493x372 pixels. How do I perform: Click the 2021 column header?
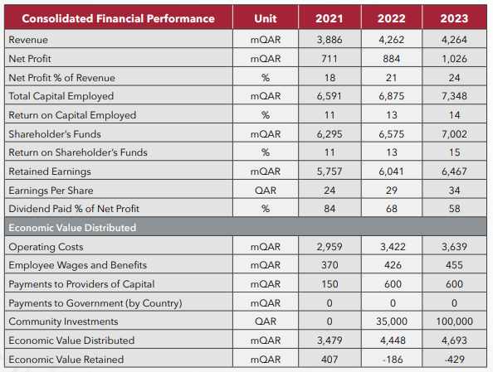(x=329, y=18)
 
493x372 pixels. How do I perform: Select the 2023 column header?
(x=454, y=18)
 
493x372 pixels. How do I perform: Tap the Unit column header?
(x=266, y=18)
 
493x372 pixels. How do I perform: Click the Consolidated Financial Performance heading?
(x=118, y=18)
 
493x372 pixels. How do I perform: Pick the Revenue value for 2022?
(x=392, y=40)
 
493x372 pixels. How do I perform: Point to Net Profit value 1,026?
(x=454, y=59)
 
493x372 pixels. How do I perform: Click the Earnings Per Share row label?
(x=51, y=191)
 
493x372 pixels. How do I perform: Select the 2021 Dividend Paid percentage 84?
(x=329, y=209)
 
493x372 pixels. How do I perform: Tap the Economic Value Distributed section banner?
(x=72, y=228)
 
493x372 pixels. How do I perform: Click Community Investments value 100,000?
(x=454, y=321)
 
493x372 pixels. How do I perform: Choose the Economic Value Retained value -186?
(x=393, y=360)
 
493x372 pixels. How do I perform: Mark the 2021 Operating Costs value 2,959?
(x=329, y=247)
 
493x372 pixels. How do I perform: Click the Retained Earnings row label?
(x=50, y=172)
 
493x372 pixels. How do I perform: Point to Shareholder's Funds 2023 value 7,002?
(x=454, y=134)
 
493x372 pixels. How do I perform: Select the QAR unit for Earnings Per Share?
(x=266, y=191)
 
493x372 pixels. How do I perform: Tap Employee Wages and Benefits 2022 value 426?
(x=393, y=265)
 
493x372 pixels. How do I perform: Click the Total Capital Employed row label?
(x=61, y=96)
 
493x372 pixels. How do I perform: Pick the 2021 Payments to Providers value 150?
(x=329, y=284)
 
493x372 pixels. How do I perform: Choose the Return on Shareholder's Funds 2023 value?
(x=454, y=152)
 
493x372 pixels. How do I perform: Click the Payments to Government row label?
(x=95, y=303)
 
